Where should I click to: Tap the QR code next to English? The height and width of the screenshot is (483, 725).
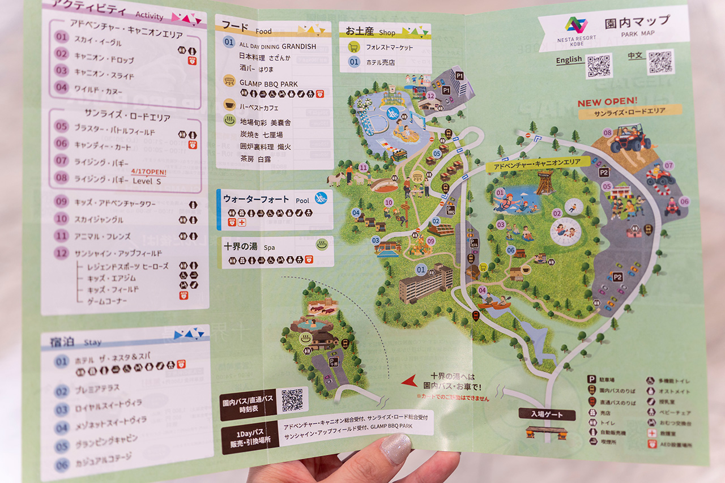tap(599, 66)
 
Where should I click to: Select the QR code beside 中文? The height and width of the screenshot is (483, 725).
tap(660, 62)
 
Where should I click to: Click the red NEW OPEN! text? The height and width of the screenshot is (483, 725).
tap(607, 102)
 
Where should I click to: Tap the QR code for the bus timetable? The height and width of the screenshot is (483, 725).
tap(292, 400)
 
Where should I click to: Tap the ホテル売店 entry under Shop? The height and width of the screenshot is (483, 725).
tap(380, 62)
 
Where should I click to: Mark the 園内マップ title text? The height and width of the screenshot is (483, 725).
tap(637, 23)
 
